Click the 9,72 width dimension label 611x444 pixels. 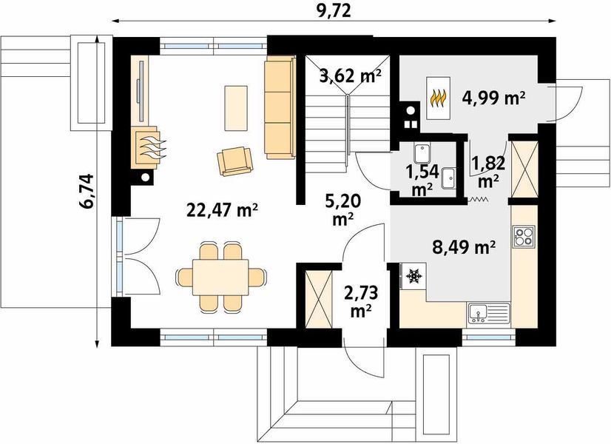pos(334,10)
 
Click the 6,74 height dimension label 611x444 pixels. pos(87,191)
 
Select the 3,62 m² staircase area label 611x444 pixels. pos(350,75)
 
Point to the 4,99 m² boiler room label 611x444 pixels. pos(493,98)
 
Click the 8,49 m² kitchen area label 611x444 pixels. pos(464,246)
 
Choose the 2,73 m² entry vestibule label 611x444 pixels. pos(361,300)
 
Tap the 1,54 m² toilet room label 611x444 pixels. pos(422,180)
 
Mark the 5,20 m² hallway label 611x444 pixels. pos(343,209)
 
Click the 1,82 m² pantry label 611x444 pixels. pos(489,171)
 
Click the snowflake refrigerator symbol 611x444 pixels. pos(413,276)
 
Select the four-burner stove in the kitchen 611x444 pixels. pos(524,236)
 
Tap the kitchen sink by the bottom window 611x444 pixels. pos(489,314)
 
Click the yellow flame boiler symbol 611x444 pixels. pos(439,98)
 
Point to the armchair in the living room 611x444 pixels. pos(235,161)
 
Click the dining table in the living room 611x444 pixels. pos(221,277)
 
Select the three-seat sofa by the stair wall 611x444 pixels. pos(280,107)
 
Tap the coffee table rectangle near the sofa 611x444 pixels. pos(236,108)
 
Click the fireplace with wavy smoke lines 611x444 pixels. pos(148,147)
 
